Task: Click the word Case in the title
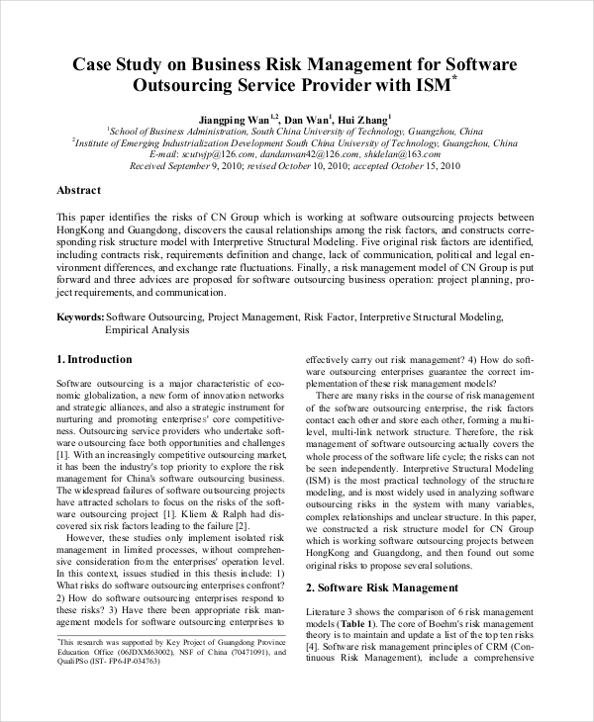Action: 95,65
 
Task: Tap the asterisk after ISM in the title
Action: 454,78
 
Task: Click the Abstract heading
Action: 79,190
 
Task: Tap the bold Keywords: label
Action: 80,317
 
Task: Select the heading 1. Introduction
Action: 94,360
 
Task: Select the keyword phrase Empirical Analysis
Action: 148,329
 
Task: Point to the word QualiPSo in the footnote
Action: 75,665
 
